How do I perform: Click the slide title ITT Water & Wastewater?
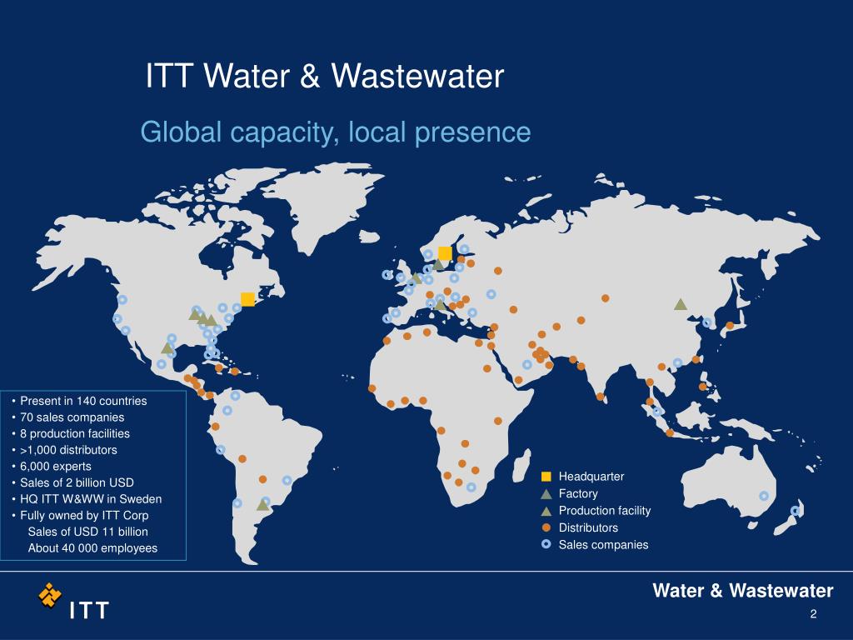(325, 77)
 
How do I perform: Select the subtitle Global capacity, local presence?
(335, 132)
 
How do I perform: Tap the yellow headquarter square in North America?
(247, 299)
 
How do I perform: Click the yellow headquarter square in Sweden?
(445, 252)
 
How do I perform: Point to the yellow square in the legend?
(546, 477)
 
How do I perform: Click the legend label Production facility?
(604, 511)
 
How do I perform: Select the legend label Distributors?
(588, 528)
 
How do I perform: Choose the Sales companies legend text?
(602, 545)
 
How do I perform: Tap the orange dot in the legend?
(546, 528)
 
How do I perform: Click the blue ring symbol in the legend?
(546, 545)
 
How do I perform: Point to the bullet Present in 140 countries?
(83, 401)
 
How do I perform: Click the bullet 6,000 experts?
(56, 466)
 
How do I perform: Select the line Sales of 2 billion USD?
(77, 482)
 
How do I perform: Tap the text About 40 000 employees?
(92, 547)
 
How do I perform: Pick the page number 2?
(812, 615)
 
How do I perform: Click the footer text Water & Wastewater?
(742, 591)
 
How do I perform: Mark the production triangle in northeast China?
(680, 305)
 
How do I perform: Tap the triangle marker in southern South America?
(263, 504)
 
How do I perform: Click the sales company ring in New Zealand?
(795, 511)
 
